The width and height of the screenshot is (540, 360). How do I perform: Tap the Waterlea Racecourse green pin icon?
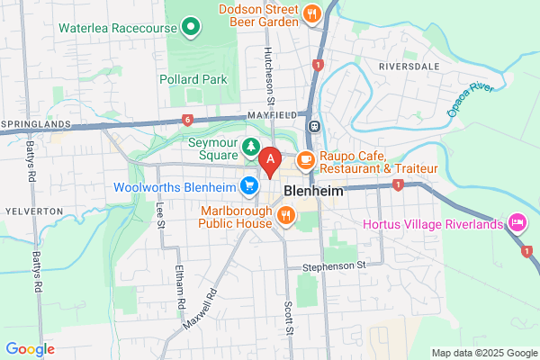click(x=190, y=28)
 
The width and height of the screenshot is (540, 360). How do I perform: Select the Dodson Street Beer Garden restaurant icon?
click(x=311, y=13)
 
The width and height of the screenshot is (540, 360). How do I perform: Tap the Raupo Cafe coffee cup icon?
click(x=306, y=160)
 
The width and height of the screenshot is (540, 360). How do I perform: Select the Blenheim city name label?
click(x=310, y=192)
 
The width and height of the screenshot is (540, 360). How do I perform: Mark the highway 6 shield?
click(x=187, y=119)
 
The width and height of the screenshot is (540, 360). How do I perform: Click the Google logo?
click(x=30, y=349)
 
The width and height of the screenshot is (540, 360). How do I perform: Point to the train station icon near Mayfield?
click(x=313, y=126)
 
